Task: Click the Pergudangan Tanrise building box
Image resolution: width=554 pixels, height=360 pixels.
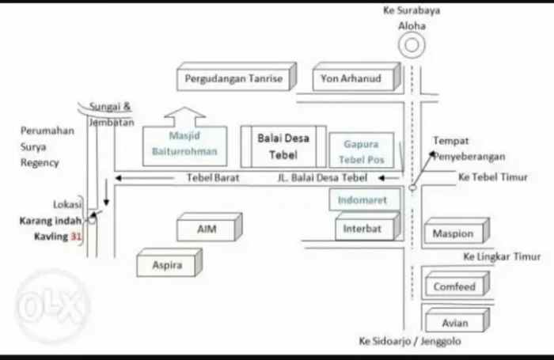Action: click(x=233, y=79)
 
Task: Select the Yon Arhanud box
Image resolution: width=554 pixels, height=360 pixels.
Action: click(x=351, y=79)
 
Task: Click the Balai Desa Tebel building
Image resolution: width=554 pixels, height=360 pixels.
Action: click(x=283, y=146)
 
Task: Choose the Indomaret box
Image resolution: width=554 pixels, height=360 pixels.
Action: click(x=362, y=201)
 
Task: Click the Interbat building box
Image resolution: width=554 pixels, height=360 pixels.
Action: click(x=362, y=229)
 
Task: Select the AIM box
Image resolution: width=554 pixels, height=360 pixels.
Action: click(x=207, y=230)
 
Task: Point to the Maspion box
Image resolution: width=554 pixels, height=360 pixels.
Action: click(x=453, y=233)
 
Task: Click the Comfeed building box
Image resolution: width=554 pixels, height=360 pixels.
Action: click(x=454, y=286)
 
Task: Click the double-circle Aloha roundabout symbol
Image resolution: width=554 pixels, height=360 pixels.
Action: click(x=412, y=45)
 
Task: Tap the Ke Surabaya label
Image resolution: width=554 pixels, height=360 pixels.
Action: click(x=412, y=10)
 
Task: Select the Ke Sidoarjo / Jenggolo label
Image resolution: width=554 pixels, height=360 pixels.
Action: click(x=409, y=342)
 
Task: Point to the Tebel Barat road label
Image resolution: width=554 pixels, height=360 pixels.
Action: click(x=212, y=178)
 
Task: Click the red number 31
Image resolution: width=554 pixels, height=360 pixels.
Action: click(x=77, y=237)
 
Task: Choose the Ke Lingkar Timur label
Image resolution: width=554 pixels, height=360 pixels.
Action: click(x=503, y=257)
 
